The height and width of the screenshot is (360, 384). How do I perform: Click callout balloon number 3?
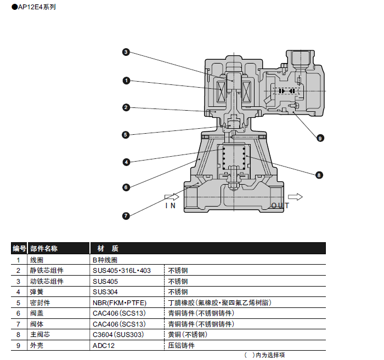126,52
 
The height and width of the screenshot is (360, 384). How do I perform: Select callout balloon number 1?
126,81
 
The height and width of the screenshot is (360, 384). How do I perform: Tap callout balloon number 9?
320,138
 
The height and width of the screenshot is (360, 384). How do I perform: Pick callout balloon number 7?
126,215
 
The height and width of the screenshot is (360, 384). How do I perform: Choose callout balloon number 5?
126,134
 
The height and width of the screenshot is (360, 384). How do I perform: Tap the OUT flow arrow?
295,197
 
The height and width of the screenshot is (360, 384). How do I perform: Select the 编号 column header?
19,249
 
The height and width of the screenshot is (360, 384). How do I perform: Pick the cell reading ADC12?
104,345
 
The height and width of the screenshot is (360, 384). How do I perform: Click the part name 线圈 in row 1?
36,260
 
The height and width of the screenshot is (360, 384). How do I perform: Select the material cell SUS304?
105,292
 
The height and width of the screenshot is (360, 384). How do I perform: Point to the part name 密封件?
39,302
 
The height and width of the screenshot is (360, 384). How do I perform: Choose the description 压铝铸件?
181,345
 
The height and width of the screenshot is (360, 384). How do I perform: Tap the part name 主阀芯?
39,334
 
